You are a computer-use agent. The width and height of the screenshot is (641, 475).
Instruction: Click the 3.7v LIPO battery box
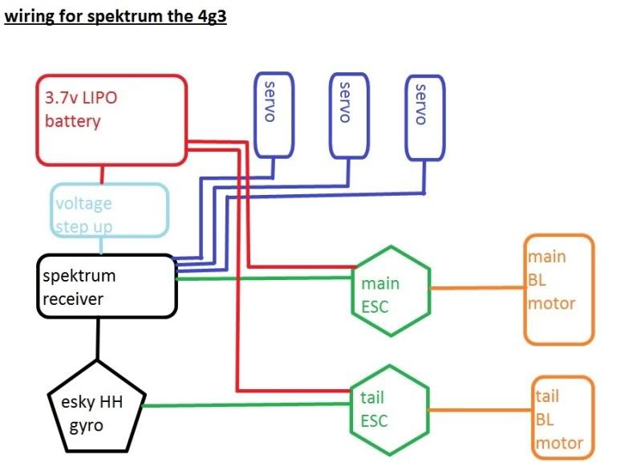(111, 120)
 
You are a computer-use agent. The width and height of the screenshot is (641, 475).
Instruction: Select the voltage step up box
(111, 211)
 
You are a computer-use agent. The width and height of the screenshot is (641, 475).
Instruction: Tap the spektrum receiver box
(106, 286)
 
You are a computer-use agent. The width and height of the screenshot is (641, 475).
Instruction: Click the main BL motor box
(559, 289)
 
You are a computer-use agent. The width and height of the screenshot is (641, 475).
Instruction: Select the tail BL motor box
(563, 418)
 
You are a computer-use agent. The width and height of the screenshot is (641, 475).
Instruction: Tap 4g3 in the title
(213, 17)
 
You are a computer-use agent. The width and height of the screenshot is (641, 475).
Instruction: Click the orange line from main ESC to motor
(477, 287)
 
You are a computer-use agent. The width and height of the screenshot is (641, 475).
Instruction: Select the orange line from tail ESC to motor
(480, 409)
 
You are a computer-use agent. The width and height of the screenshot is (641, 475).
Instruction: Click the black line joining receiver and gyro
(97, 338)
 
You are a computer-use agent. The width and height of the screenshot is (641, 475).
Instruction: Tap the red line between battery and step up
(102, 175)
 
